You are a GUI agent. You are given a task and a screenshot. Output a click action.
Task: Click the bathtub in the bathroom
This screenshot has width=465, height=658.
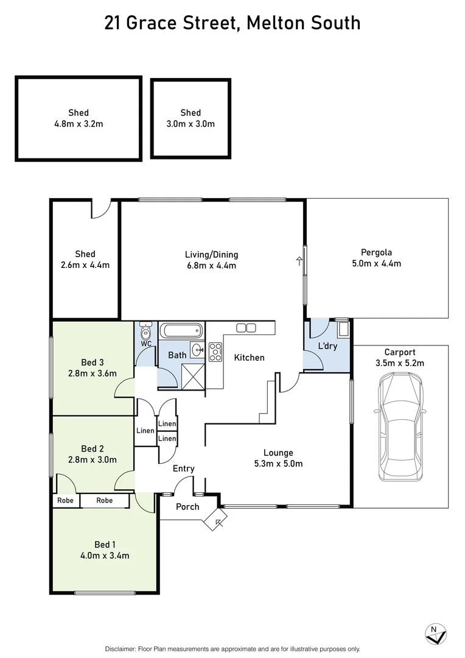(x=181, y=332)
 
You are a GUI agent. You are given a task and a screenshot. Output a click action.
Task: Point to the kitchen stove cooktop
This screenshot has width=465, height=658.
(x=215, y=352)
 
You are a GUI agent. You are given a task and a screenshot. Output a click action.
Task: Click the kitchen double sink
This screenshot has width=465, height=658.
(x=246, y=328)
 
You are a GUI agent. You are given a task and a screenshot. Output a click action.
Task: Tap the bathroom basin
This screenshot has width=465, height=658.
(x=197, y=350)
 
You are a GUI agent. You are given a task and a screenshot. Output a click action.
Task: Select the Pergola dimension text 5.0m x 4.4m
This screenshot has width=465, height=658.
(x=376, y=264)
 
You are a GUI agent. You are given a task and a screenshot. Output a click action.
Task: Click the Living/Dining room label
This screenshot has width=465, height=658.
(x=211, y=255)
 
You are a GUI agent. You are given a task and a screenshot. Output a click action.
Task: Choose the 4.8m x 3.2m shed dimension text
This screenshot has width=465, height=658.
(x=79, y=124)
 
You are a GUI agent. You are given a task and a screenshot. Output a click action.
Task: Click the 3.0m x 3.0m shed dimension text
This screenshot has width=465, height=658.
(x=191, y=124)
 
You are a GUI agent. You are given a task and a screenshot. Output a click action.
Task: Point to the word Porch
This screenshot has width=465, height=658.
(x=187, y=507)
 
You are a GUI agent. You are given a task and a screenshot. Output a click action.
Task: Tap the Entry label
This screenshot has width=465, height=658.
(x=183, y=469)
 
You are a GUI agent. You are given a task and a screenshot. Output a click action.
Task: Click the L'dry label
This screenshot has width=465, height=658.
(x=327, y=346)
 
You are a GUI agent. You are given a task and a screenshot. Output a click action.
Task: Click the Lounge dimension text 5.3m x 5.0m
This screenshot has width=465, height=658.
(x=278, y=464)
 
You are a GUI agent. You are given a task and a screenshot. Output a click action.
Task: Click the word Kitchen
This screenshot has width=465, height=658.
(x=250, y=358)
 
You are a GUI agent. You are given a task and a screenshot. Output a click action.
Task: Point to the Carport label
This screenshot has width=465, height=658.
(x=400, y=352)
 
